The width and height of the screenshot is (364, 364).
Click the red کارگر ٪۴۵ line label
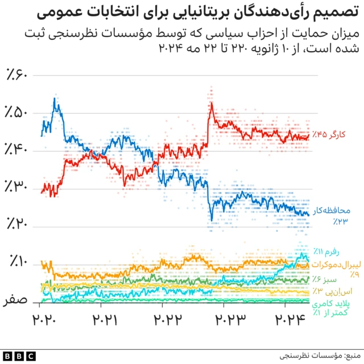coord(327,135)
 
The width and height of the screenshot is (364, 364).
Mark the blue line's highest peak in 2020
coord(55,99)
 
